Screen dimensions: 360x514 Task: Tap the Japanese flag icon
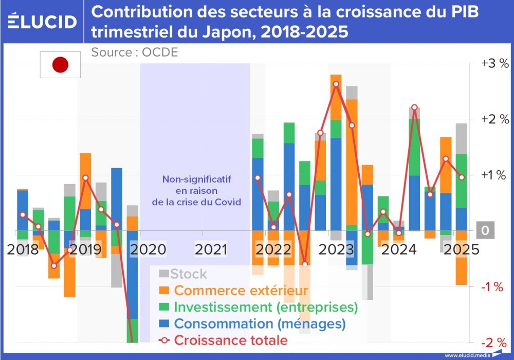60,65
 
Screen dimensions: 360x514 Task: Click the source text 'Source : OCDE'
135,52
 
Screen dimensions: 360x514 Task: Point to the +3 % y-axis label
494,64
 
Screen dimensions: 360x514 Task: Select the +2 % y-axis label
494,119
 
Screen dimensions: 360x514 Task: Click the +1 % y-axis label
494,175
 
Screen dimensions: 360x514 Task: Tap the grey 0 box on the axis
485,230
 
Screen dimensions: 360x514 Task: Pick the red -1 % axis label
492,287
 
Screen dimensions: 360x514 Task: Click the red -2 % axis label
492,343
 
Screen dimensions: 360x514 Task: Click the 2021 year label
211,250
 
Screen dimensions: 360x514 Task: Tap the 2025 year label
462,250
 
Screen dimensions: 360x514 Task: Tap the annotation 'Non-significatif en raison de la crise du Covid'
197,191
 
